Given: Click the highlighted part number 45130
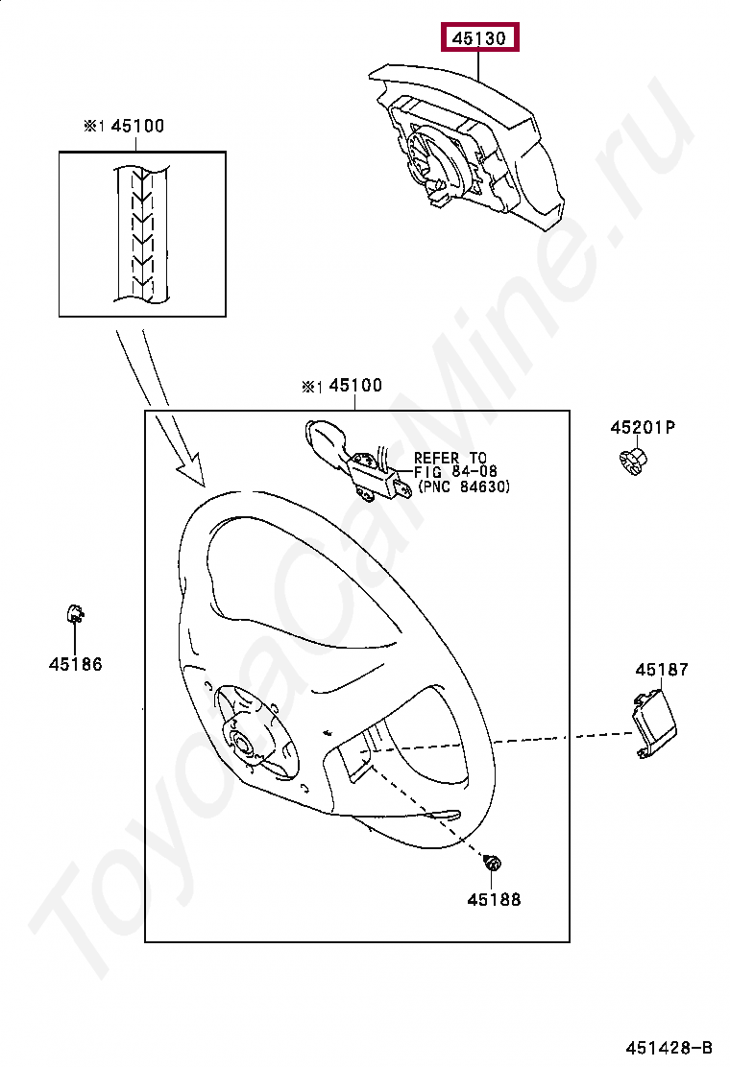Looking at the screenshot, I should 479,38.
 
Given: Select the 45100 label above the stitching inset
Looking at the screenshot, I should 136,126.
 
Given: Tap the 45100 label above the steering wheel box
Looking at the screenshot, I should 354,386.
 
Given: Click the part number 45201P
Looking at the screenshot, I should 643,427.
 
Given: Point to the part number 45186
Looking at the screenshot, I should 76,664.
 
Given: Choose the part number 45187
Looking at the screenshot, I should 661,671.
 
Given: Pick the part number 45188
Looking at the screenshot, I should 494,900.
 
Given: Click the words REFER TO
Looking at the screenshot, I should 450,459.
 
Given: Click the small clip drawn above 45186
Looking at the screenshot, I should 75,613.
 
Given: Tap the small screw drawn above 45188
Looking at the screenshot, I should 493,864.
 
